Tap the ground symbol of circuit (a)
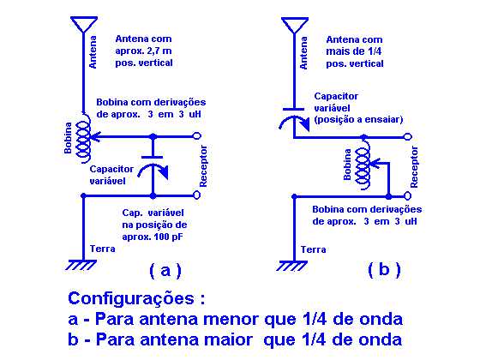tap(81, 265)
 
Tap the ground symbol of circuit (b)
tap(291, 266)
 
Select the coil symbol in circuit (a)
tap(83, 139)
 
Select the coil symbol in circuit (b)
tap(363, 165)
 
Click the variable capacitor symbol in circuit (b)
tap(294, 119)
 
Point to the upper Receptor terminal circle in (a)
tap(197, 136)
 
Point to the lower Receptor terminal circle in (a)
tap(197, 195)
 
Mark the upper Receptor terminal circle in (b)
tap(408, 137)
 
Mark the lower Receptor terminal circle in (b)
tap(408, 195)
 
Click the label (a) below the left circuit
tap(165, 271)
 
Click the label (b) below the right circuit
tap(384, 270)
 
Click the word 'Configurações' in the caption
tap(131, 298)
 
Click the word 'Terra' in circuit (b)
tap(313, 249)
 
